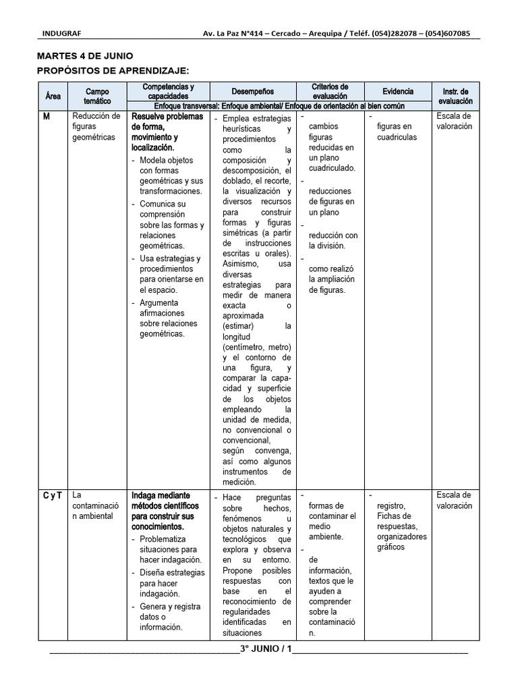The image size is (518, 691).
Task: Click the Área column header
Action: pos(53,96)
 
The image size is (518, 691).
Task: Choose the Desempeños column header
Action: pos(253,91)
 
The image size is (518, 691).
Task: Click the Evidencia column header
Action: pos(398,91)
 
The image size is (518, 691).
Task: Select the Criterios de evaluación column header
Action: pos(330,91)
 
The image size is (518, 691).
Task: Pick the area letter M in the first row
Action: pos(47,116)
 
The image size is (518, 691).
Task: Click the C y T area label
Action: pos(53,495)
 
